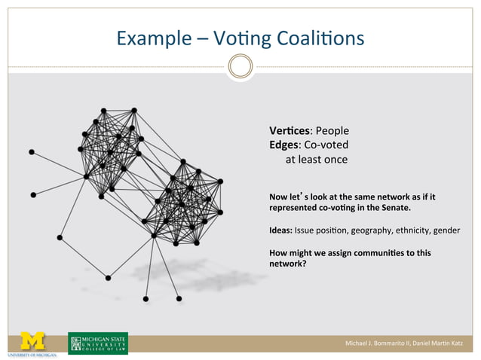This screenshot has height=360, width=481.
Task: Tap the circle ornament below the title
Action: click(240, 67)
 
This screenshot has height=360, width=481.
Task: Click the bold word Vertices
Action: click(290, 130)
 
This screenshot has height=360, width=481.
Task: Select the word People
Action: click(332, 130)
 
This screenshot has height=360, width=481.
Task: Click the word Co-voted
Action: click(326, 145)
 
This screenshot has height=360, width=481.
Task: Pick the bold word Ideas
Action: click(280, 230)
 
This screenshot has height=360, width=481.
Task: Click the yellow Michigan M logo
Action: click(32, 341)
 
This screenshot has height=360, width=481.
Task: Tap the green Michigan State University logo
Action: click(98, 343)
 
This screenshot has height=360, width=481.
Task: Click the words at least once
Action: click(316, 160)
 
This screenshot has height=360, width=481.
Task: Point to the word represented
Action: click(296, 207)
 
